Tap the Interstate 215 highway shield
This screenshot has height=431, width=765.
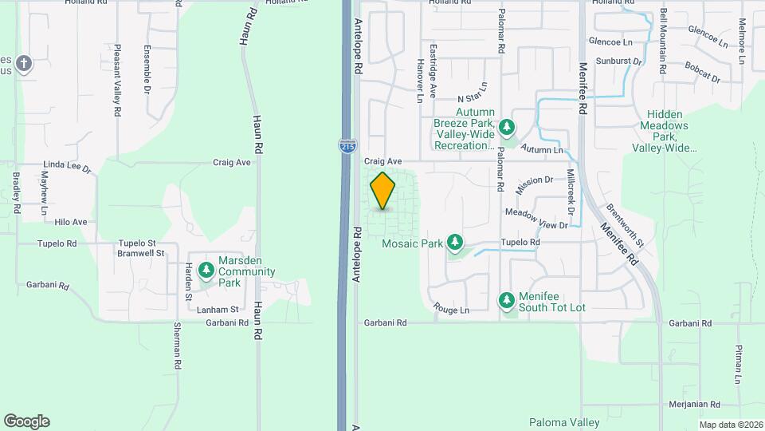tap(347, 146)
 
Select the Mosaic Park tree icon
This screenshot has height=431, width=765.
tap(455, 241)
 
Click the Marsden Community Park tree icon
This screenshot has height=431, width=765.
tap(206, 271)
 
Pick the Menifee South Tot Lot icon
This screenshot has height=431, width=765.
tap(506, 300)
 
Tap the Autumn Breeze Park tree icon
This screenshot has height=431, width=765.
tap(506, 127)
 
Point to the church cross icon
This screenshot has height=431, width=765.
tap(24, 63)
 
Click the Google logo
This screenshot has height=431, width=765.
tap(26, 421)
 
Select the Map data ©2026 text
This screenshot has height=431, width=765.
tap(730, 425)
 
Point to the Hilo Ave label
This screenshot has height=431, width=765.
tap(71, 222)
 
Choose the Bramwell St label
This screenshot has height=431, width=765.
tap(140, 253)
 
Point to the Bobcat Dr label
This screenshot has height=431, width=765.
tap(701, 79)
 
